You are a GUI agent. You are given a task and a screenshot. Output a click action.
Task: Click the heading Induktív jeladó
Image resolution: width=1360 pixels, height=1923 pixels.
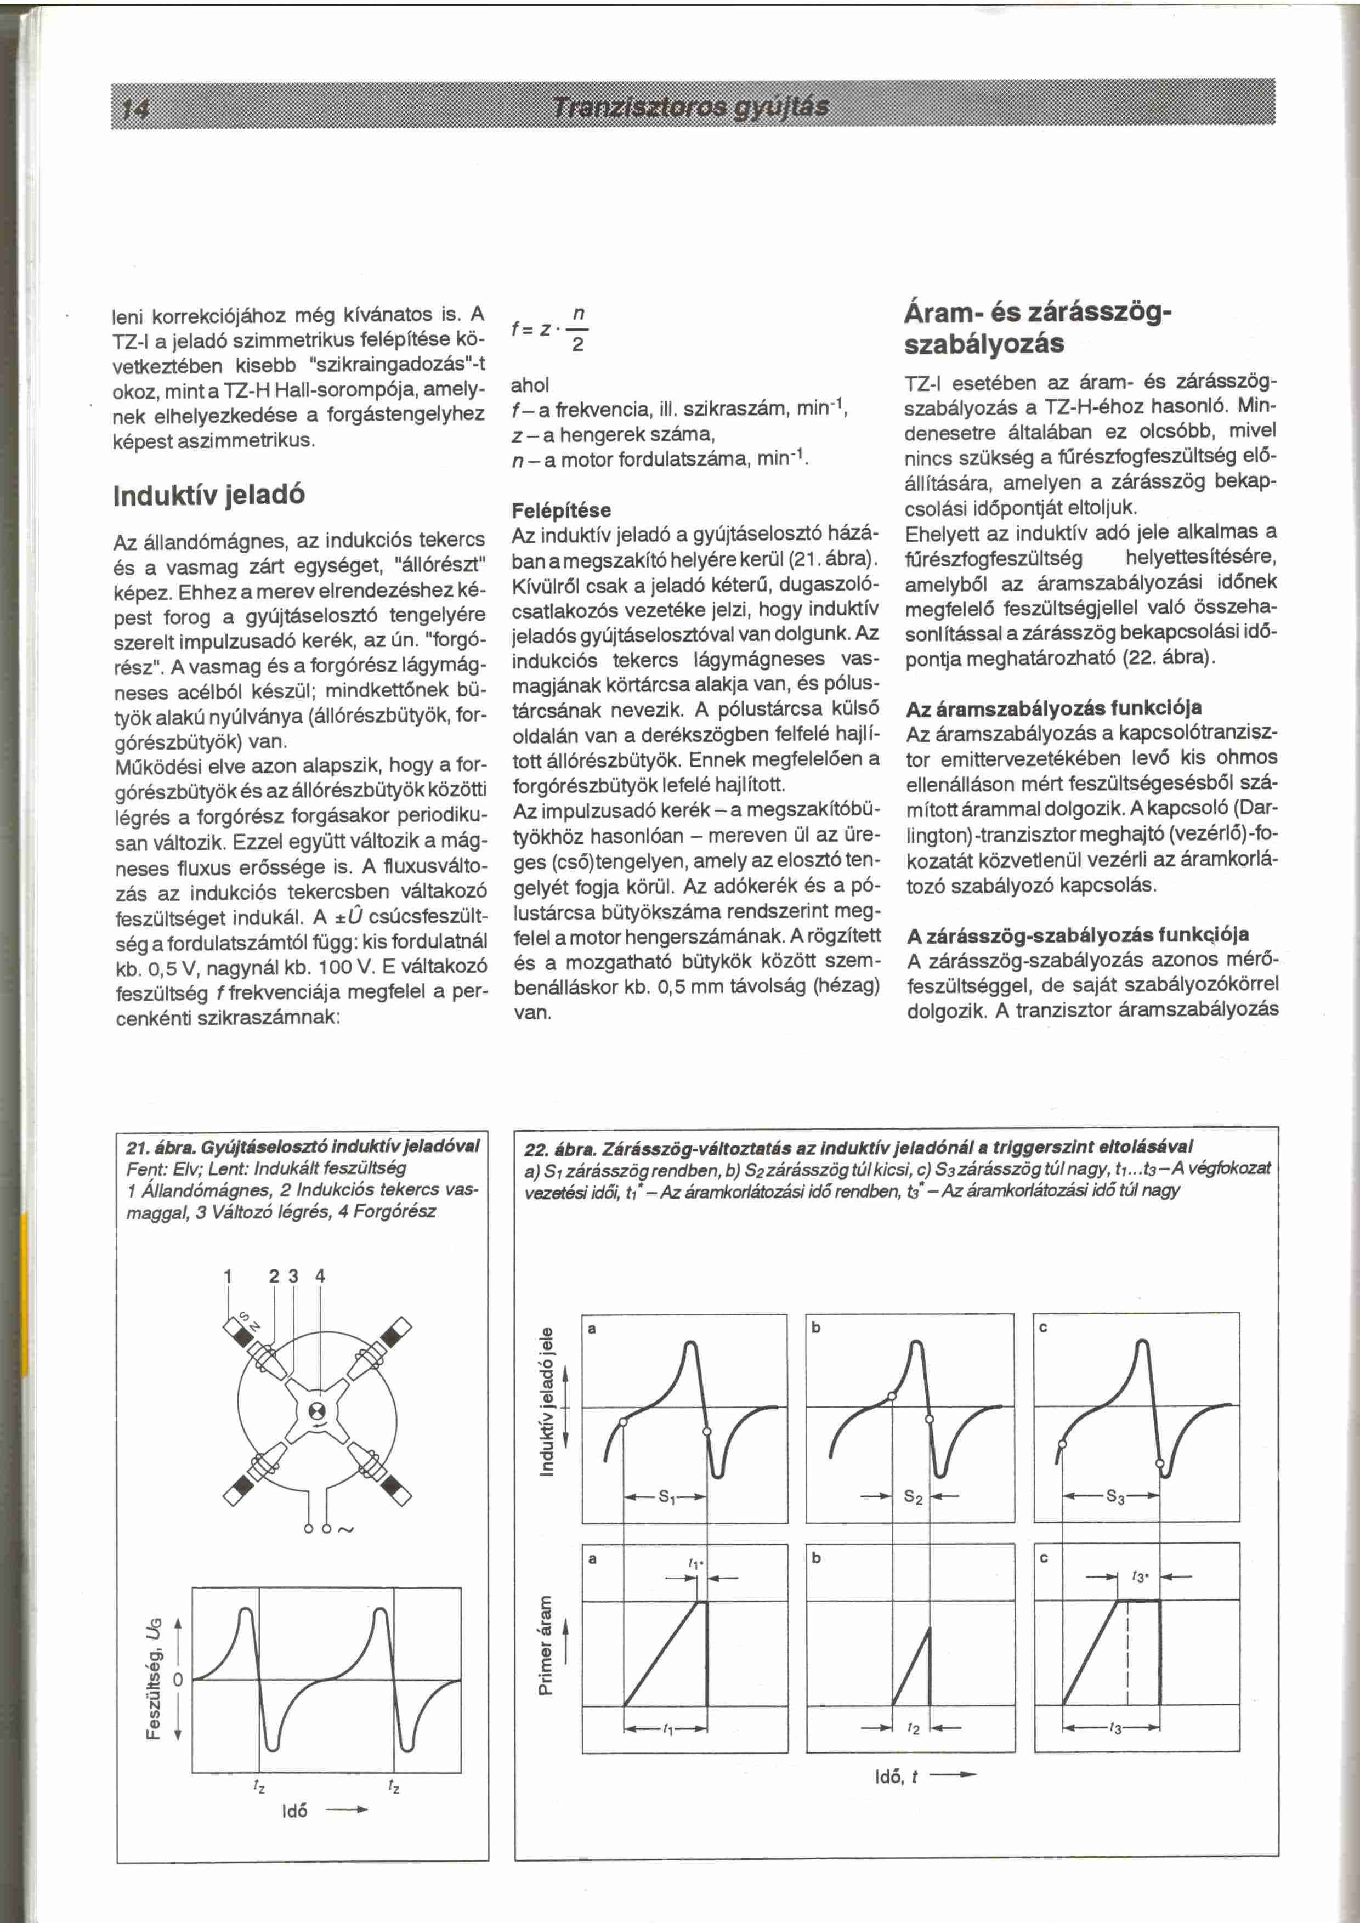pos(208,494)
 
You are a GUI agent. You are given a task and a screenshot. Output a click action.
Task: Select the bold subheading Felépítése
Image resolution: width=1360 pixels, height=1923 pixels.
pos(561,510)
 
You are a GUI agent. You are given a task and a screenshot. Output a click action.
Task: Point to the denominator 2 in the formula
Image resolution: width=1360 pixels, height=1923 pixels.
pos(577,347)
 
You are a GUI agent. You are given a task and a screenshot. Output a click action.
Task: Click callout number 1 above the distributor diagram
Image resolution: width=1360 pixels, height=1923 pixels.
pos(227,1277)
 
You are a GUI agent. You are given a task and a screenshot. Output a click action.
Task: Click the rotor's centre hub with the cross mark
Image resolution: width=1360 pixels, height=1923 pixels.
pos(318,1410)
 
